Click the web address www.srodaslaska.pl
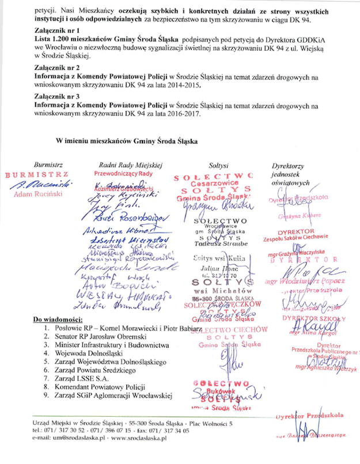(x=136, y=438)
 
